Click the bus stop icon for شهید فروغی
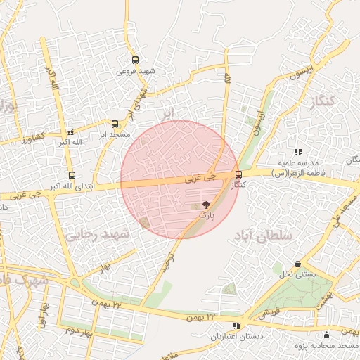(x=135, y=60)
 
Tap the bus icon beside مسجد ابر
(x=115, y=124)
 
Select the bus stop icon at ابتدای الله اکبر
(x=72, y=175)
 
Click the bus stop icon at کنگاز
(x=238, y=174)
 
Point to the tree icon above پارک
(x=206, y=204)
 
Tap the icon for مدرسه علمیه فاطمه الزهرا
(x=298, y=152)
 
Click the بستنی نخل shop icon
(x=298, y=264)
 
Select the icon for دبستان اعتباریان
(x=236, y=326)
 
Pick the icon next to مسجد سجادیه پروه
(x=326, y=335)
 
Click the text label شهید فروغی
(x=136, y=72)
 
